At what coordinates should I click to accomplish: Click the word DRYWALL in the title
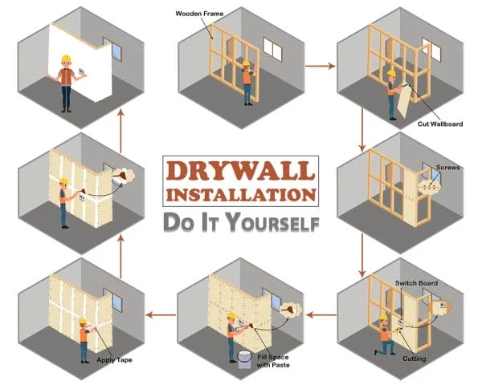coord(241,171)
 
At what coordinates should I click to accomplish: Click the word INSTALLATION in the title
coord(241,196)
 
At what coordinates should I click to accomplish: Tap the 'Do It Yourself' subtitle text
coord(241,221)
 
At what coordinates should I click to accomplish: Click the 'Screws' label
coord(446,168)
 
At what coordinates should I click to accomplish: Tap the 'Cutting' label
coord(414,358)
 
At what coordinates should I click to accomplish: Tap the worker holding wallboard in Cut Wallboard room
coord(391,95)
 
